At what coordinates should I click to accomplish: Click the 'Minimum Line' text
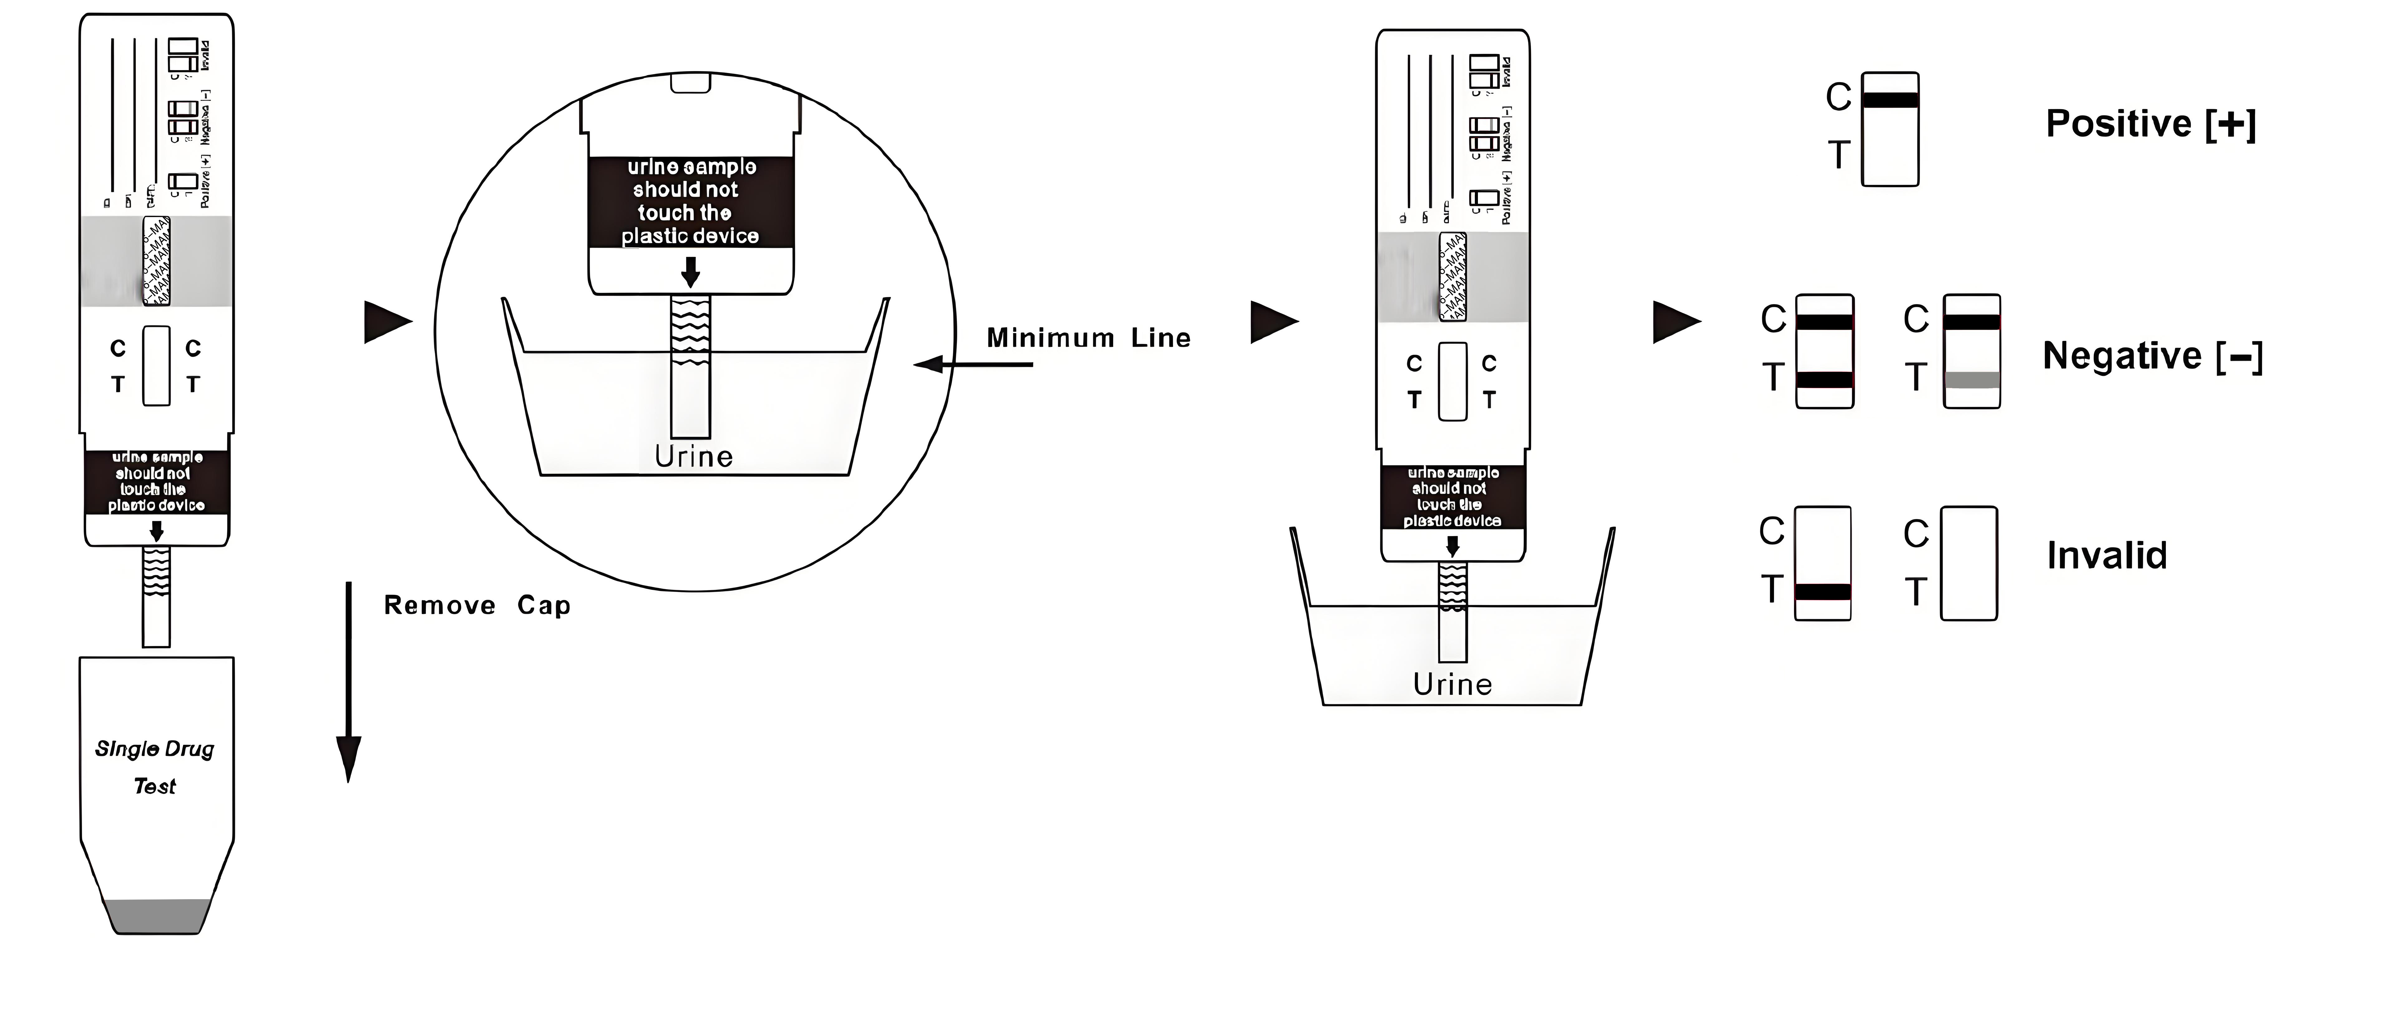(1088, 337)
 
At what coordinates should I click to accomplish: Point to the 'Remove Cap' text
(476, 605)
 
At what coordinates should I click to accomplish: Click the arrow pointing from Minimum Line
(973, 364)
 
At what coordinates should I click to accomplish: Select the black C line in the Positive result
(1890, 100)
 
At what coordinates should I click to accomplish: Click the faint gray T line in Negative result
(1972, 379)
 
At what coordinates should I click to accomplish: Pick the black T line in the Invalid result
(1823, 591)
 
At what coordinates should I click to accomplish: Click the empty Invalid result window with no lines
(1969, 563)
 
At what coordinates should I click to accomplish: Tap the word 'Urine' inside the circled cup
(694, 456)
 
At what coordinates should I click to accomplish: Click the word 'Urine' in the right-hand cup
(1452, 684)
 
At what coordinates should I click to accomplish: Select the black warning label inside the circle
(691, 201)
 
